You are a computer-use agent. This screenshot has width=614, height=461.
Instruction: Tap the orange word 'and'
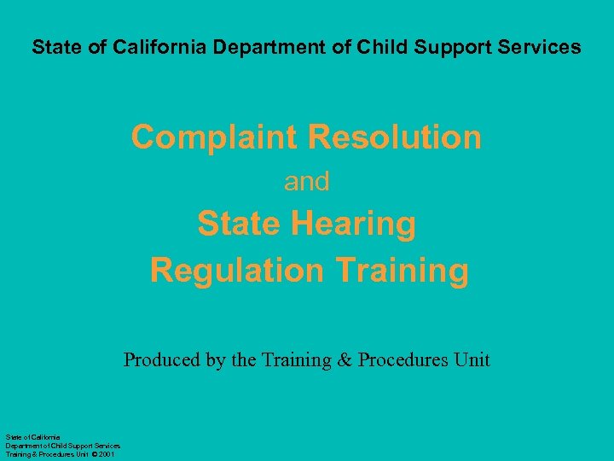coord(307,182)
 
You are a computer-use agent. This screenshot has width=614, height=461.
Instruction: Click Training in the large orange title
coord(403,271)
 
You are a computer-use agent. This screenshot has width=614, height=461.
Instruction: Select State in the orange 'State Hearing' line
coord(240,225)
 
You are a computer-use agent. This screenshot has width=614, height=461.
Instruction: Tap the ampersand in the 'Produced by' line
coord(344,359)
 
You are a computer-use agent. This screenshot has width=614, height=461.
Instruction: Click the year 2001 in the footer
coord(107,454)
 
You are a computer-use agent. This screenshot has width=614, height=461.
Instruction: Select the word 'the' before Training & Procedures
coord(243,359)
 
